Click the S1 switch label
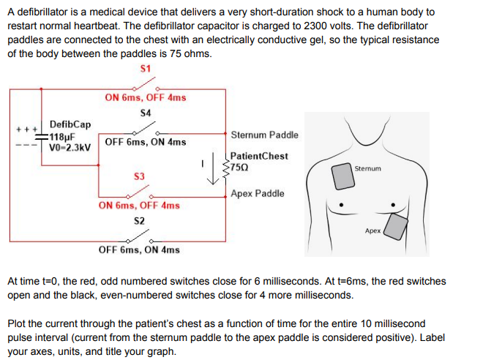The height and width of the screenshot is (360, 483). point(145,68)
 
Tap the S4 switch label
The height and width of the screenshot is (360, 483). point(145,113)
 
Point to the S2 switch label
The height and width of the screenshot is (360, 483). point(139,220)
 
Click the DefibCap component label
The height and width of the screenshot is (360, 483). point(70,124)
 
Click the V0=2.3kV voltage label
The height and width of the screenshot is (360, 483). point(70,146)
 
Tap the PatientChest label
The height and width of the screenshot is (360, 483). point(258,156)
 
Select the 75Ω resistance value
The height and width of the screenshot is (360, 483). point(241,167)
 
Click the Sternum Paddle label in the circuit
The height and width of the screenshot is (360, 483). point(264,135)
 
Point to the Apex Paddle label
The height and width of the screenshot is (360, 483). point(257,194)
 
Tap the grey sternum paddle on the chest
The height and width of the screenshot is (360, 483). point(342,173)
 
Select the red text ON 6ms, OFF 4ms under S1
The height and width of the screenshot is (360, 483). point(145,97)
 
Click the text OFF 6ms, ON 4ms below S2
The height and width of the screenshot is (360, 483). point(139,250)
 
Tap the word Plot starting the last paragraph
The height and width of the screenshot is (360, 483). point(18,323)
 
